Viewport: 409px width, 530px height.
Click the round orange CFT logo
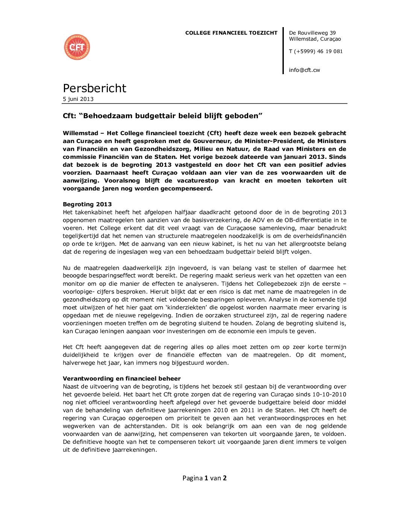point(77,47)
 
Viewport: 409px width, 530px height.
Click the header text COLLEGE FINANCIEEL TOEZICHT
point(231,33)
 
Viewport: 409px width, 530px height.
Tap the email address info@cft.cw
point(304,70)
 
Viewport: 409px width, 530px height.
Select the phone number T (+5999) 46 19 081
point(316,52)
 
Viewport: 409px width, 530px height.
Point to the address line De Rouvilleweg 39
point(312,33)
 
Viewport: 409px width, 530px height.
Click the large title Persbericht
point(94,88)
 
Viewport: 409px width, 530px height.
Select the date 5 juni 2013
point(78,99)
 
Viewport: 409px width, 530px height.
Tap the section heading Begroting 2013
point(87,204)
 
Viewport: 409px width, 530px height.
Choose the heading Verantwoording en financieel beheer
point(122,379)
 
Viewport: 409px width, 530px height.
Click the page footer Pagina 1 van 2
point(204,478)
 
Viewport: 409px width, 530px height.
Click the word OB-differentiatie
point(308,220)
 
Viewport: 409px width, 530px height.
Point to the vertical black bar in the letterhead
point(283,51)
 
